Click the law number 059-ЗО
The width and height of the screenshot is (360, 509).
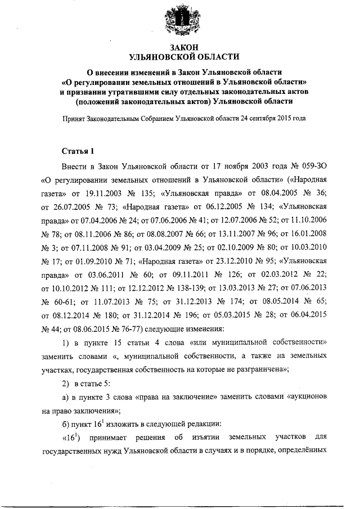pos(309,167)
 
